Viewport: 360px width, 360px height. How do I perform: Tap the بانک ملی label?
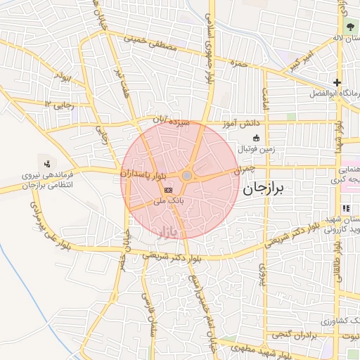click(169, 200)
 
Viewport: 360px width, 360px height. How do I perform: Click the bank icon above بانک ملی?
click(168, 190)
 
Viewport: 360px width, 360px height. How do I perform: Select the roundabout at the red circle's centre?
click(187, 176)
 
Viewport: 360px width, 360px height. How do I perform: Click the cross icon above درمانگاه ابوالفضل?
click(336, 82)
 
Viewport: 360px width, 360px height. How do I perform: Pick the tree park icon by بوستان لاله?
click(350, 27)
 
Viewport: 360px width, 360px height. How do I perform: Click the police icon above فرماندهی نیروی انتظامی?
click(47, 164)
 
